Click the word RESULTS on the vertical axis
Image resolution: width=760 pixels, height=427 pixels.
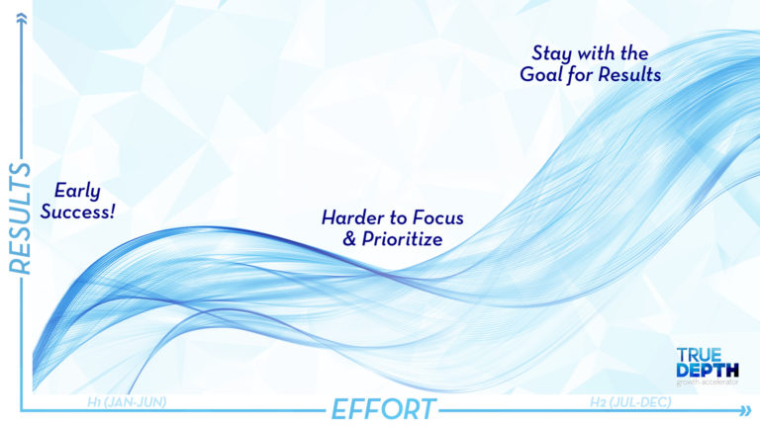click(17, 213)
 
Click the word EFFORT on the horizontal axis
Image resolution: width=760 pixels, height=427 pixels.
click(382, 408)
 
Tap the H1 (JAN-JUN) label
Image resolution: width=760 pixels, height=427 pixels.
click(126, 402)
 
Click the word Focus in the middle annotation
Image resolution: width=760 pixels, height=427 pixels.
click(436, 216)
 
